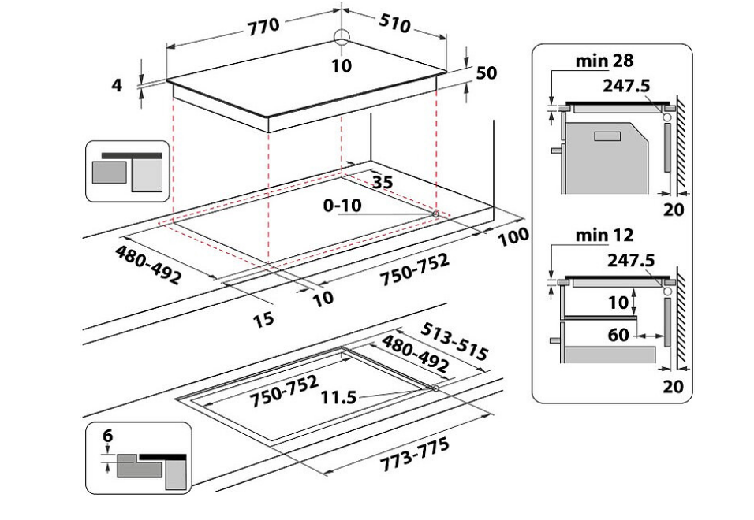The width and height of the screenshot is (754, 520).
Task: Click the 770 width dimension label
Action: [263, 27]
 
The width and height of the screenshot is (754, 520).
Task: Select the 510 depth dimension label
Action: [395, 23]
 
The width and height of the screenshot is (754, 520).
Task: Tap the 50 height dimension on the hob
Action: [486, 73]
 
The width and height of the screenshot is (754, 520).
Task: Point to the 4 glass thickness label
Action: [117, 85]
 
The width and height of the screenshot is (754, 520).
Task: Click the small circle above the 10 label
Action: [342, 36]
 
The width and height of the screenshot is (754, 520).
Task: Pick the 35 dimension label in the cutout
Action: [383, 182]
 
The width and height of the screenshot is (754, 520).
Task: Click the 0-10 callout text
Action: [342, 206]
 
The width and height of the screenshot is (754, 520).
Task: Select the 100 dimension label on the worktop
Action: [513, 236]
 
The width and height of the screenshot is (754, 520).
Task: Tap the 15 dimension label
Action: [263, 319]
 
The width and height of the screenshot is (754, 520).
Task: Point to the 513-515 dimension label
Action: [454, 341]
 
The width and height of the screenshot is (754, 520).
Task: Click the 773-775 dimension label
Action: [415, 455]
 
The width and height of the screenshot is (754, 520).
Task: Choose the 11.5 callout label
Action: [339, 398]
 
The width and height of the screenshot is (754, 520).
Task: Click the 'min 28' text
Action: [604, 61]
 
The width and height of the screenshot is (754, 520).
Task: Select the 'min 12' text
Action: [604, 236]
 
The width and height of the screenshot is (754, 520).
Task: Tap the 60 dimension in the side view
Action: [618, 335]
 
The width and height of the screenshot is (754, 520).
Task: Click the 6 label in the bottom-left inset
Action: [108, 436]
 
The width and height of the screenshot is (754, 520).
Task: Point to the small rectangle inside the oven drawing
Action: [607, 136]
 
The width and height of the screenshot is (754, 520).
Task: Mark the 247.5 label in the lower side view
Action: [631, 260]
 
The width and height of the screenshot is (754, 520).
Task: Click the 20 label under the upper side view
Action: [674, 210]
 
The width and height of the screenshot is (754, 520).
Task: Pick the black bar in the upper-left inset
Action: [132, 156]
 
